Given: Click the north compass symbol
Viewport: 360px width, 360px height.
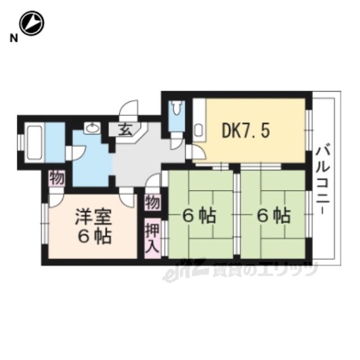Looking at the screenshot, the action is point(31,23).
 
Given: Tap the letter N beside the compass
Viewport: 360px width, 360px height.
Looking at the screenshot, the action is point(13,38).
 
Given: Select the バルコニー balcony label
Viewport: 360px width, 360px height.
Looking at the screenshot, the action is point(323,181).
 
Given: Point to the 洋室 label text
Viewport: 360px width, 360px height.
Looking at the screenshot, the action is point(94,217).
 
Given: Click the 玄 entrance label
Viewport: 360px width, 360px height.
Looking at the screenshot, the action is point(125,130).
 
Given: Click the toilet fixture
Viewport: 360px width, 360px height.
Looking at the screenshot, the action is point(176,109).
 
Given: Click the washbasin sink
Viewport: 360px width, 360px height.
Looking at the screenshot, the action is point(92,128).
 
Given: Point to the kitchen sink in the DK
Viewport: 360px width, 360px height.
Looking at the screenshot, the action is point(198,130).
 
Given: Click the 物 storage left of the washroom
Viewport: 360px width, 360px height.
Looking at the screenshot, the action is point(57,178).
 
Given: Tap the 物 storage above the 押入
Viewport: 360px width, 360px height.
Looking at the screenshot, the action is point(152,202).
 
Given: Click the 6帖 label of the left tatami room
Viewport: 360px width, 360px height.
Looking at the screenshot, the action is point(199,215).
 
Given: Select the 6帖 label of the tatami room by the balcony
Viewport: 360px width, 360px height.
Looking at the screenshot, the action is point(274,216).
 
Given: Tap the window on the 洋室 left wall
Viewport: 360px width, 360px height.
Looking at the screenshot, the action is point(46,223).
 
